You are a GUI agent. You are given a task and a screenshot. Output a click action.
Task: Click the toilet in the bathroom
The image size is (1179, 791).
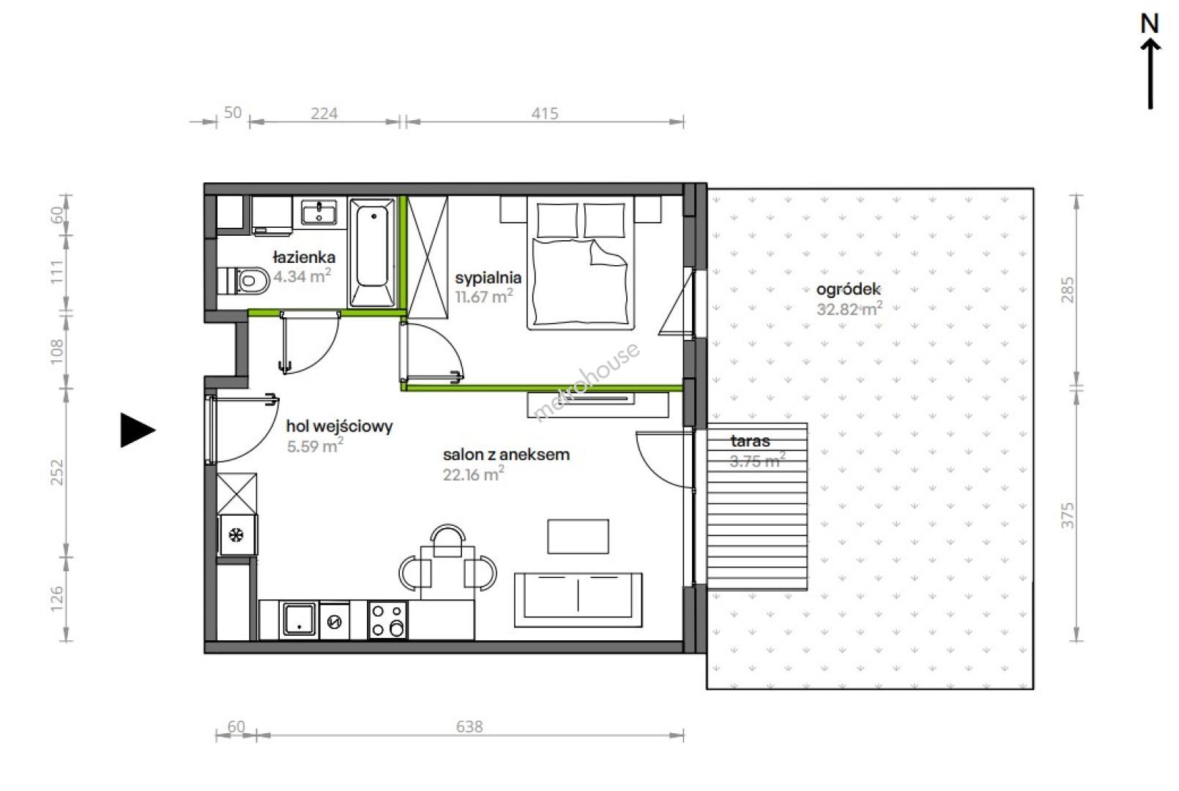click(x=244, y=281)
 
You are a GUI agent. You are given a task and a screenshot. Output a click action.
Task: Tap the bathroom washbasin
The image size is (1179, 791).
click(x=319, y=212)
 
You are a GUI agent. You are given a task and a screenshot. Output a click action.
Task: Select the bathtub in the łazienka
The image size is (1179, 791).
click(x=372, y=252)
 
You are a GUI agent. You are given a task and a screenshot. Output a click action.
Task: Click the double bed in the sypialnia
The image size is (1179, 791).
click(x=581, y=263)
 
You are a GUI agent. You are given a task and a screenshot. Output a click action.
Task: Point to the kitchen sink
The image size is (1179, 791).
click(x=299, y=620)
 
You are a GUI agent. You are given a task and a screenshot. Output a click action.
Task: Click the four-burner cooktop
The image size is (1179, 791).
click(x=388, y=620)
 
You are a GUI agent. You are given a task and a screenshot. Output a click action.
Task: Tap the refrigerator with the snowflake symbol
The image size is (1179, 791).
click(x=237, y=535)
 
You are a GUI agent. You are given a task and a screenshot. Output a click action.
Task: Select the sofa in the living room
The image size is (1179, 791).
click(x=578, y=600)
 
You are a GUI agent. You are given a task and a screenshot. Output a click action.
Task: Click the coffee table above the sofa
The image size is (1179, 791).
click(x=578, y=536)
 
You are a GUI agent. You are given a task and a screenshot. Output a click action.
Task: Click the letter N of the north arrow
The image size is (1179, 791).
click(x=1150, y=24)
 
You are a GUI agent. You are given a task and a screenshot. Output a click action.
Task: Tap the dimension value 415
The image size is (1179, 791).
click(x=545, y=113)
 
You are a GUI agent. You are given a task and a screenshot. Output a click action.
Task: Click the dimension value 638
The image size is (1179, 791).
click(x=469, y=727)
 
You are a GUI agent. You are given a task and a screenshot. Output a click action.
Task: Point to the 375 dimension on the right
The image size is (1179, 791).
click(x=1068, y=516)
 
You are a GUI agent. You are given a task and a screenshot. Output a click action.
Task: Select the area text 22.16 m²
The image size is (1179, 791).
click(x=473, y=474)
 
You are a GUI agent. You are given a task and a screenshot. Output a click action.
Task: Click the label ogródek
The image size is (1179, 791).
click(x=849, y=289)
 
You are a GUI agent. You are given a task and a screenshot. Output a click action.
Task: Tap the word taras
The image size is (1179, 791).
click(x=750, y=441)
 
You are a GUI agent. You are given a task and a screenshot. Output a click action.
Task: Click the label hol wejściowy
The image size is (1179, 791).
click(x=340, y=426)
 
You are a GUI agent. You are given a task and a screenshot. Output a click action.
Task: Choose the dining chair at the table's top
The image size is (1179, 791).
click(x=447, y=540)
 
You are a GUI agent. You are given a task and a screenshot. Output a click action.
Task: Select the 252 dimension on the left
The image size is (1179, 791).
click(x=57, y=472)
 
